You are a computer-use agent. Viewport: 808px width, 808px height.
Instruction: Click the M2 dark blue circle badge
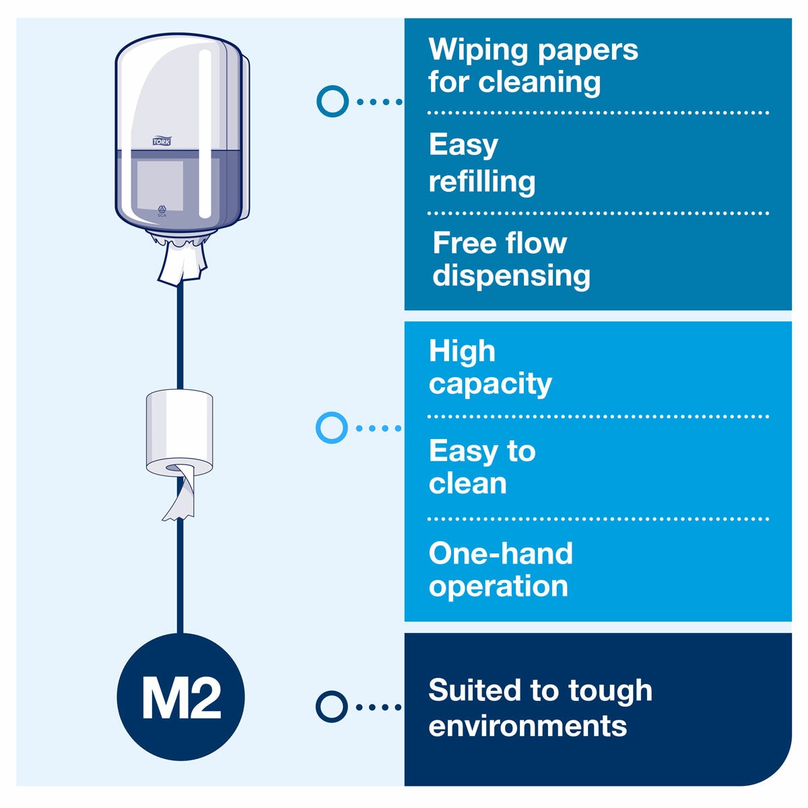tap(180, 697)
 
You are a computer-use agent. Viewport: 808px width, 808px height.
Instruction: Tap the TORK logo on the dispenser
tap(162, 141)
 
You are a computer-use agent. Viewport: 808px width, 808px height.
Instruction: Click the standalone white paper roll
tap(179, 431)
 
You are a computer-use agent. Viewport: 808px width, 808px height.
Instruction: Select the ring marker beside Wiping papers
tap(332, 102)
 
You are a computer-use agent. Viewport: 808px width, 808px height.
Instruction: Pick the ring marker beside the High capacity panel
tap(331, 428)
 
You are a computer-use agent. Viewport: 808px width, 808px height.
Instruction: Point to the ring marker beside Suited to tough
tap(331, 706)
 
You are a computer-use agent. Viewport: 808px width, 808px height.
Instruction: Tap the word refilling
tap(482, 182)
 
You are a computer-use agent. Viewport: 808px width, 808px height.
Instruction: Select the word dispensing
tap(511, 275)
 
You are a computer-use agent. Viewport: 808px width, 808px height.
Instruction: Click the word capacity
tap(490, 384)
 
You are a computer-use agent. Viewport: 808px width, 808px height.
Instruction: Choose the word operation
tap(498, 586)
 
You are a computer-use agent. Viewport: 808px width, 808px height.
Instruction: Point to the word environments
tap(527, 726)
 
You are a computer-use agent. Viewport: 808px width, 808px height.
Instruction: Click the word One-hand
tap(500, 553)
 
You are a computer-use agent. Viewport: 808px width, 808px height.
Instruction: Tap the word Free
tap(463, 243)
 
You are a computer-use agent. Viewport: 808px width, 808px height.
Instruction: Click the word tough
tap(610, 691)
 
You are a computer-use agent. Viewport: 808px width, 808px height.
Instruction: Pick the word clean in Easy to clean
tap(467, 483)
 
